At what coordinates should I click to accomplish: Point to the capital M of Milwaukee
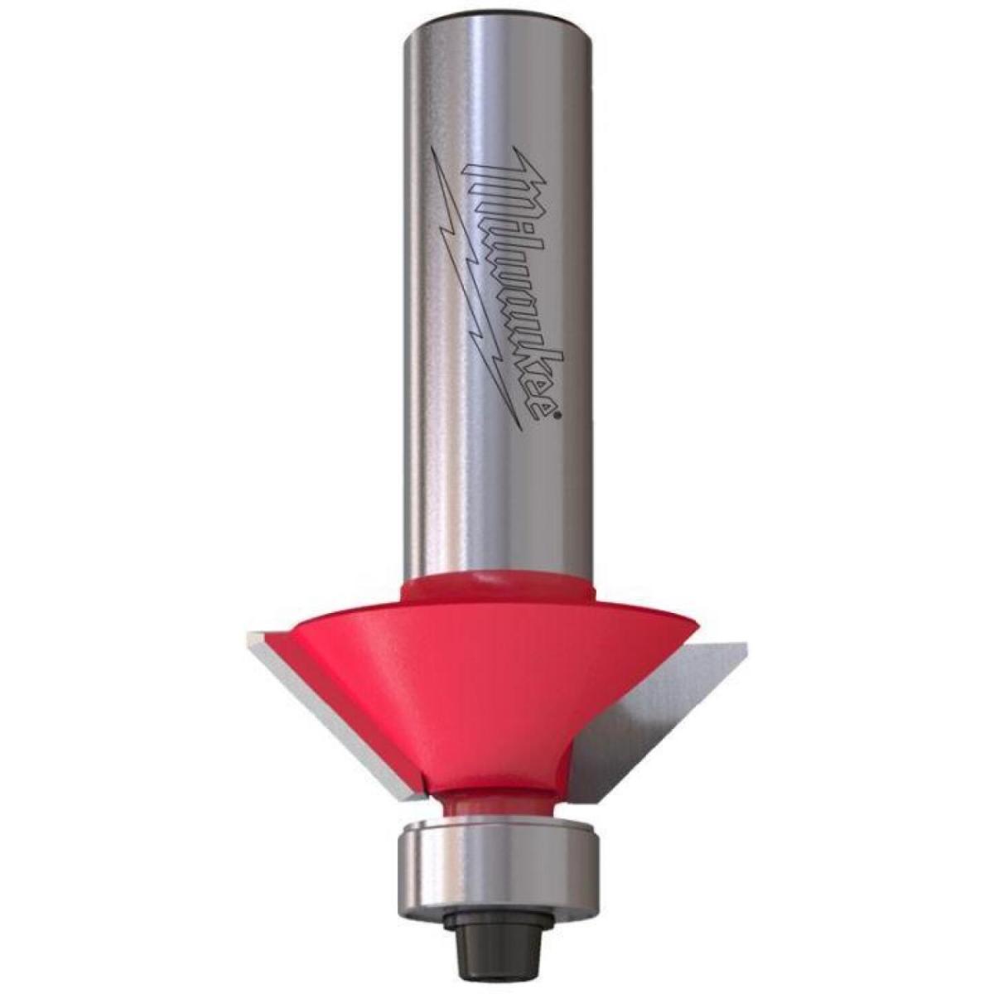(485, 171)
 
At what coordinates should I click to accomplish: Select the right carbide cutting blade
(655, 722)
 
